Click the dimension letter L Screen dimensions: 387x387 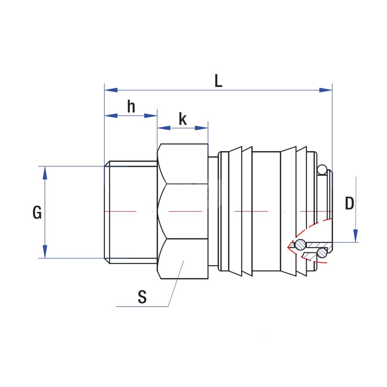(x=219, y=81)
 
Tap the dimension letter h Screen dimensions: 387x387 (x=132, y=106)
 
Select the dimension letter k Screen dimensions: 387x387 (x=183, y=120)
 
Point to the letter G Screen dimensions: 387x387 (x=37, y=212)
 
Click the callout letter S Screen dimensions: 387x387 (x=142, y=297)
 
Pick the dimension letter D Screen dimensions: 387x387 (x=349, y=204)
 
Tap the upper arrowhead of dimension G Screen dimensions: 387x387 (x=45, y=173)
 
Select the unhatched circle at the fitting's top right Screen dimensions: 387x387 (x=322, y=170)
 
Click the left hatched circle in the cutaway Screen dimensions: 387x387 (x=300, y=245)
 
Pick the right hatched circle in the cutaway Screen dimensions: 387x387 (x=321, y=253)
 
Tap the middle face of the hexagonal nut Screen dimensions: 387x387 (x=183, y=211)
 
